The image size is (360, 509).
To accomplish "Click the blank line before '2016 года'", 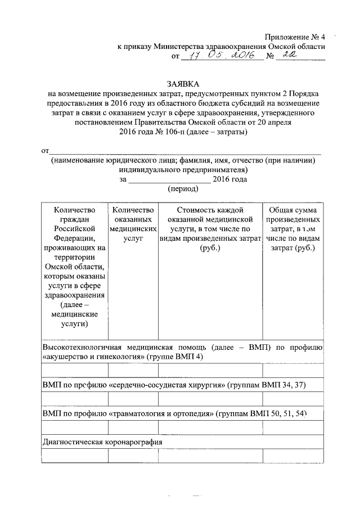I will pos(169,179).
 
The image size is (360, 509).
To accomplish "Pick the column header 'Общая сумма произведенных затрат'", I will pos(292,228).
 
